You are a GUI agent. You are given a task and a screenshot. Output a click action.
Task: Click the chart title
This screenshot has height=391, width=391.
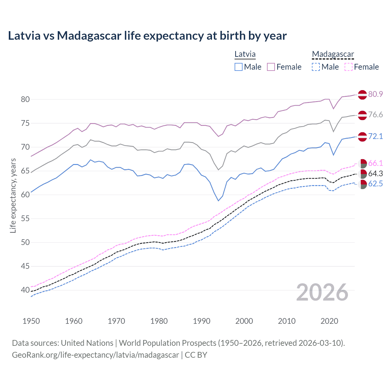click(147, 36)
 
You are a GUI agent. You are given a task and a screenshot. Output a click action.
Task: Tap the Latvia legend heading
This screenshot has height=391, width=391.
click(245, 54)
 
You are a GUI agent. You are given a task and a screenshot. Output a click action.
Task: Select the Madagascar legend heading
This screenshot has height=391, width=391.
click(333, 54)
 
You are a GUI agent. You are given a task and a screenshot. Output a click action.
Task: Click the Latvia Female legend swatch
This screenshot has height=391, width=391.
click(271, 67)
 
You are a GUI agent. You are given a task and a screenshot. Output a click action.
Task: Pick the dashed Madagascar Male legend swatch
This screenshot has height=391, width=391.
click(316, 67)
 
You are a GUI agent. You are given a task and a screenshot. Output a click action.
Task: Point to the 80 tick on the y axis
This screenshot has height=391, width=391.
click(25, 99)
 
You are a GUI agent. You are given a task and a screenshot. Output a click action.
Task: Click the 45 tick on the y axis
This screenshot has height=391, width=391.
click(25, 266)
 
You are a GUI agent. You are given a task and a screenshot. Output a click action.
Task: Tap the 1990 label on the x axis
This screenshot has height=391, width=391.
click(202, 321)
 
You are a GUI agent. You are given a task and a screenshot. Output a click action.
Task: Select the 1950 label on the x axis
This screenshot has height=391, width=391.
click(31, 321)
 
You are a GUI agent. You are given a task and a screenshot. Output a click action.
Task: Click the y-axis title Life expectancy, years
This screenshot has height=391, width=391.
click(13, 195)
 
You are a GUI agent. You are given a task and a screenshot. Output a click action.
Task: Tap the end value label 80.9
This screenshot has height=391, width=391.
click(375, 94)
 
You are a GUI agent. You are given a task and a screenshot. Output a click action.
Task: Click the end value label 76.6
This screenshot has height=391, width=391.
click(375, 115)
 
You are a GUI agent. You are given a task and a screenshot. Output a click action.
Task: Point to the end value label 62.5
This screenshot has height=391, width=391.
click(375, 184)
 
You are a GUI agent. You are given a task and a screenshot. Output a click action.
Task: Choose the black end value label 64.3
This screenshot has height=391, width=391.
click(375, 174)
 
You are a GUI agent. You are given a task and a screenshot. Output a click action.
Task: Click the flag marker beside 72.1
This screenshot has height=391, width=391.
click(362, 137)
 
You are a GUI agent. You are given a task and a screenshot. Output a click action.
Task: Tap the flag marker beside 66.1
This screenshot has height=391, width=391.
click(362, 164)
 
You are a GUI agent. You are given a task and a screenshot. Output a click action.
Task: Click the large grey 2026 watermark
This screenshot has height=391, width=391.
click(322, 292)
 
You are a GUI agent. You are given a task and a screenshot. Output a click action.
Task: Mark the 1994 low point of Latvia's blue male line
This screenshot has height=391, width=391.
click(218, 201)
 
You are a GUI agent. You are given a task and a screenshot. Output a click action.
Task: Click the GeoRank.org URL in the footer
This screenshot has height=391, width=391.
click(95, 355)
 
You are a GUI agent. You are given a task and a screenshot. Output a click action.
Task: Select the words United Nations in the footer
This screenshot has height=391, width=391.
click(87, 343)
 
